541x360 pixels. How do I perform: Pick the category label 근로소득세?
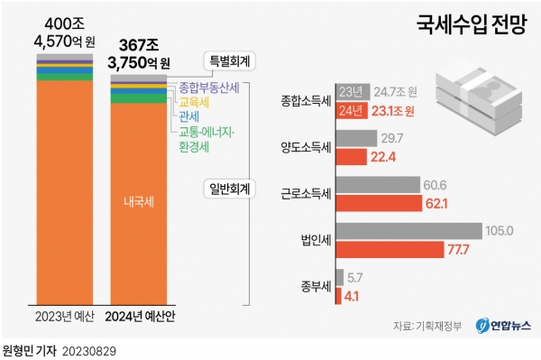tap(307, 194)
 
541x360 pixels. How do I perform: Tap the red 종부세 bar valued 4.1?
tap(338, 294)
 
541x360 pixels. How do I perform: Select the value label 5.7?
tap(356, 277)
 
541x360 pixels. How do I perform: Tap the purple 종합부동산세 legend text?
tap(209, 88)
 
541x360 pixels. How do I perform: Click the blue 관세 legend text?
tap(188, 117)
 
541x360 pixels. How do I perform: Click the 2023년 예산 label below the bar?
tap(64, 318)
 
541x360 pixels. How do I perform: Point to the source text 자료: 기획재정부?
tap(426, 326)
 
